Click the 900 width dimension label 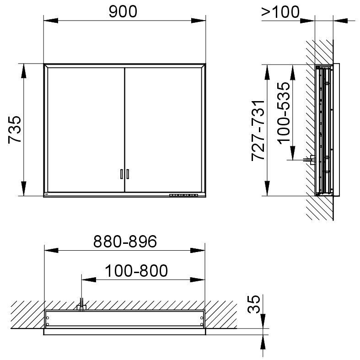coord(123,12)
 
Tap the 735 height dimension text coord(15,130)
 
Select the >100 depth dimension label coord(280,12)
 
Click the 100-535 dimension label coord(284,113)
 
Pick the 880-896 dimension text coord(125,242)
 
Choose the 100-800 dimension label coord(136,271)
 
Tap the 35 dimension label coord(254,304)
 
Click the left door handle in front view coord(122,174)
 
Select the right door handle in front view coord(128,174)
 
